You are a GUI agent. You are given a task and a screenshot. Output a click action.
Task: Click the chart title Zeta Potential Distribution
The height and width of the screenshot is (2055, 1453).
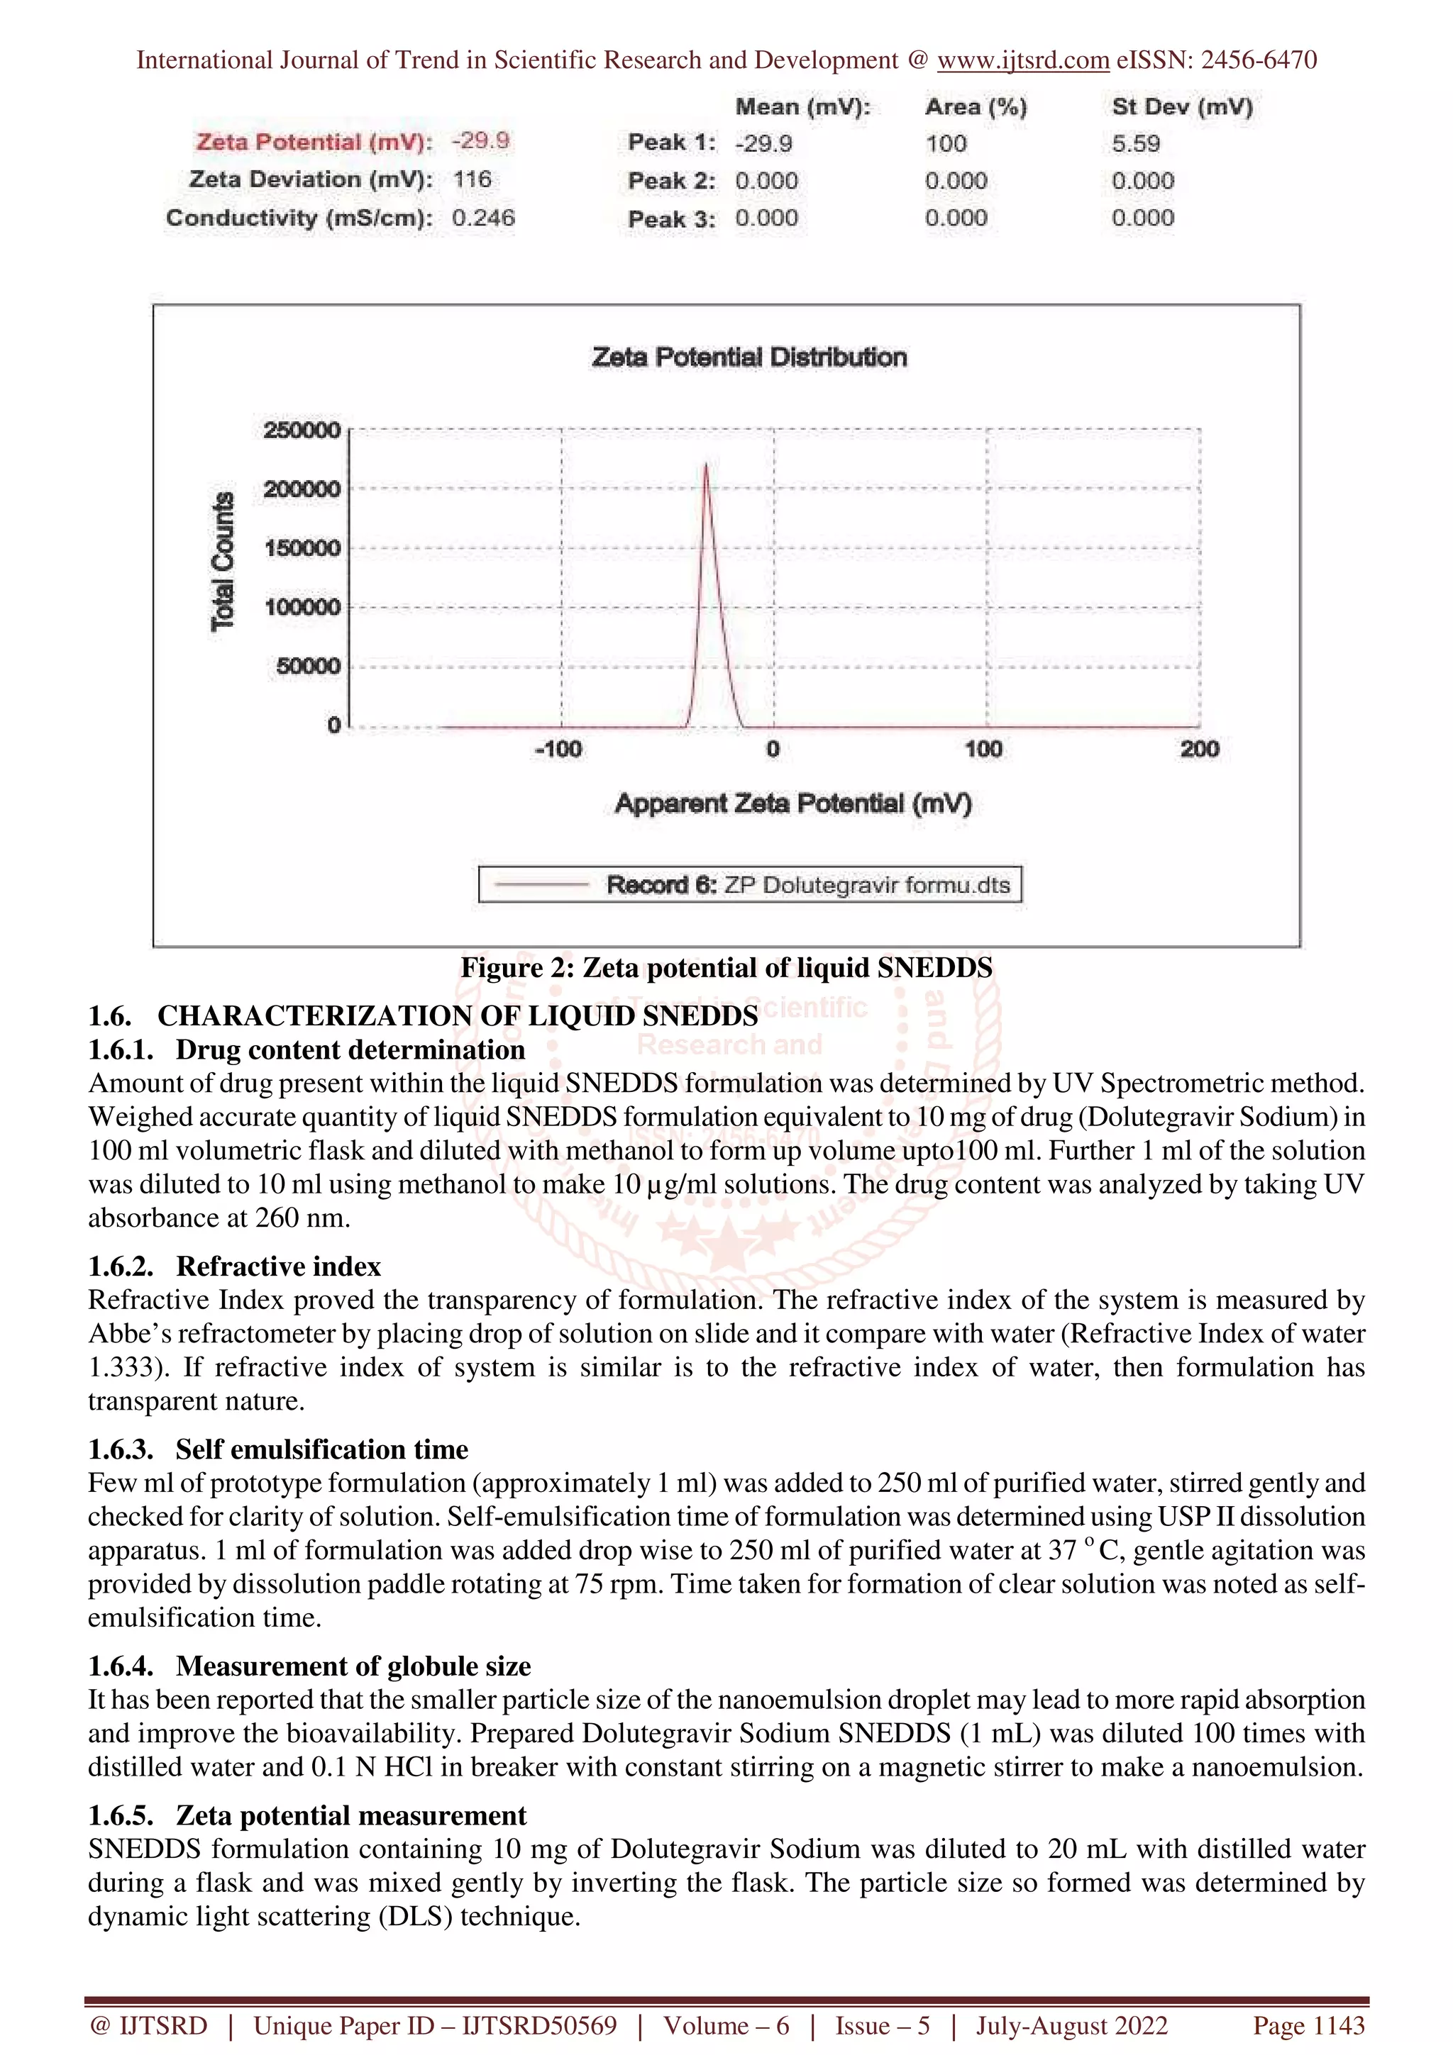[748, 357]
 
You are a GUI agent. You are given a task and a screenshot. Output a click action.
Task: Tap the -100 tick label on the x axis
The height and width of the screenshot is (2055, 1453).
[558, 749]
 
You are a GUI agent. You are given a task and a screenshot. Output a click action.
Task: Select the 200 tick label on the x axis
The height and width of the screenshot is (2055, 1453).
[1199, 749]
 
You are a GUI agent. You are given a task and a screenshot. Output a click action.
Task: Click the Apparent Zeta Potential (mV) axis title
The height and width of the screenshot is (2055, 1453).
[792, 803]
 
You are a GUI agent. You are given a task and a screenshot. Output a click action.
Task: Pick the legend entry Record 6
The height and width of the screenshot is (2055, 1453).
[750, 885]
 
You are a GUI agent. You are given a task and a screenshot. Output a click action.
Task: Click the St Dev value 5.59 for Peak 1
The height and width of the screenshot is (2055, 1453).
[1135, 143]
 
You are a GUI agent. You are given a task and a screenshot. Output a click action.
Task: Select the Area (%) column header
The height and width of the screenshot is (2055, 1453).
[976, 107]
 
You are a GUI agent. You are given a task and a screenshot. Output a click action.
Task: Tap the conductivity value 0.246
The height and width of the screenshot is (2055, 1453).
[482, 218]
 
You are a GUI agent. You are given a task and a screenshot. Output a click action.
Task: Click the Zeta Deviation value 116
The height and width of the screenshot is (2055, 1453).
[472, 180]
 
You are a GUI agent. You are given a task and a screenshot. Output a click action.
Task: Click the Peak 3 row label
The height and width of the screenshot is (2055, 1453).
[670, 219]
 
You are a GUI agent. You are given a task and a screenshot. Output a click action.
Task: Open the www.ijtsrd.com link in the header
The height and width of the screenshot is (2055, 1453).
[1022, 60]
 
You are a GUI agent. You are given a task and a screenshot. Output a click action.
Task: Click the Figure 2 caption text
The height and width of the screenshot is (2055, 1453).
[726, 967]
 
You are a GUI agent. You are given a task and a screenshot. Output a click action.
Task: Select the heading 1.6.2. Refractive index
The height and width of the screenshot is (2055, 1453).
[235, 1266]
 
